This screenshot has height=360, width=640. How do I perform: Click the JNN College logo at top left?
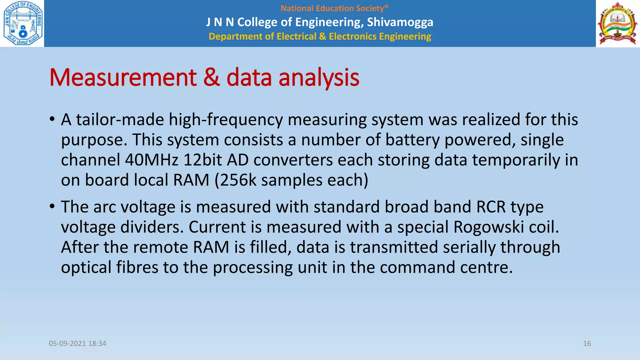point(22,23)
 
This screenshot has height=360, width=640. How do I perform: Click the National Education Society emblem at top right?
point(617,23)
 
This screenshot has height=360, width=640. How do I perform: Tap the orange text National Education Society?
point(334,8)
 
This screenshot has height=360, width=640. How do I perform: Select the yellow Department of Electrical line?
point(320,37)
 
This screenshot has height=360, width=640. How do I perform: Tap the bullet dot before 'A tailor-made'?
point(52,119)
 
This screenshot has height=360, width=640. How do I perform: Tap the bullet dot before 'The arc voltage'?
point(52,207)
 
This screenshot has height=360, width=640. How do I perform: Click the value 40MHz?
point(152,160)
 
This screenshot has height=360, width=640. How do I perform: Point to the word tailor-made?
point(120,120)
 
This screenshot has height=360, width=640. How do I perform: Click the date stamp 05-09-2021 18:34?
point(77,343)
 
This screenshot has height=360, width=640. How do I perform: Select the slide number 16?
point(587,343)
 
